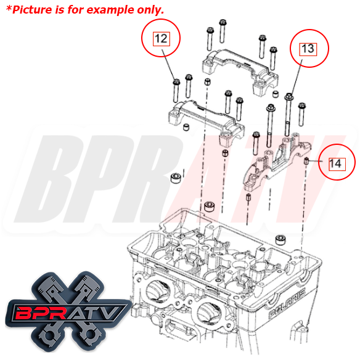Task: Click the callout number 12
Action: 160,38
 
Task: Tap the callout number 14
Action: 335,163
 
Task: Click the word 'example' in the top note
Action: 111,10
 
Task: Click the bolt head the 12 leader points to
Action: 176,81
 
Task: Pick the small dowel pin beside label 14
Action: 306,162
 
